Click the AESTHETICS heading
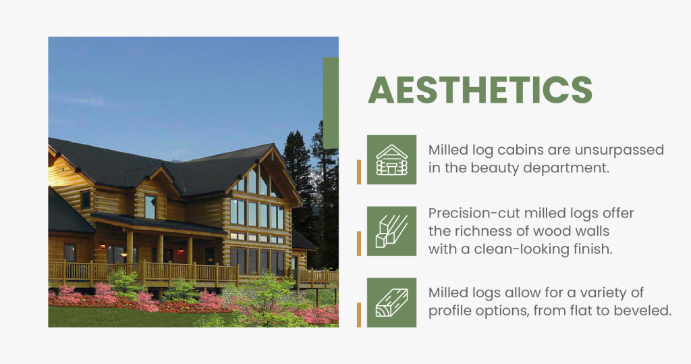point(480,90)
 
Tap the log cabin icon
point(391,159)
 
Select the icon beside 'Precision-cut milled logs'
point(391,231)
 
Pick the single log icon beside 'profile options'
point(391,303)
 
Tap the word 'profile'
point(451,311)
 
